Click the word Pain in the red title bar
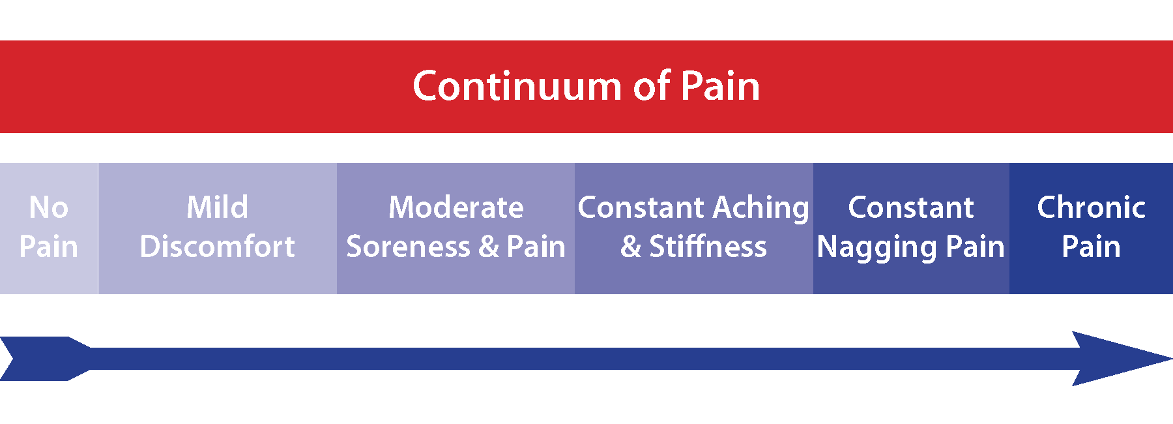(720, 86)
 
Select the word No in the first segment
(49, 208)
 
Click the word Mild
(217, 208)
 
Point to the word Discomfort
(217, 247)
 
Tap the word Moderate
(456, 208)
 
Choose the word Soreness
(408, 247)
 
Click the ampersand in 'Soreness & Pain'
(489, 247)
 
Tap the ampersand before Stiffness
(631, 247)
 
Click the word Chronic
(1091, 208)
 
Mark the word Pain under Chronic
(1091, 247)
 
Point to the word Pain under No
(49, 247)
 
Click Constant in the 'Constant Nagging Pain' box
(910, 208)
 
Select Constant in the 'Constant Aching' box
(641, 208)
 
